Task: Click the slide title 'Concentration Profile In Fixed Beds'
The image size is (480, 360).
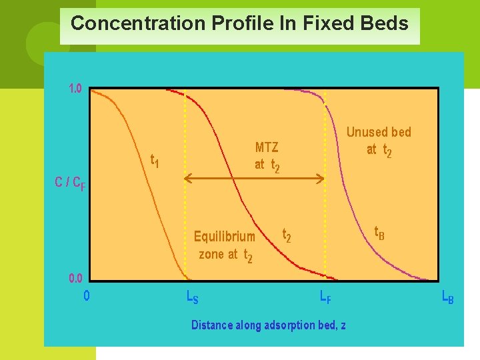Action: point(239,24)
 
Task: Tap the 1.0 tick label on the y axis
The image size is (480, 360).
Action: point(75,88)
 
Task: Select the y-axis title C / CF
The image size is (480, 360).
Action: point(69,182)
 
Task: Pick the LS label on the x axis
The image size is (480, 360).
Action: point(192,297)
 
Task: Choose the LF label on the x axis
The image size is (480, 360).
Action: point(325,297)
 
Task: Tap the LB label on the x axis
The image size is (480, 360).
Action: point(448,297)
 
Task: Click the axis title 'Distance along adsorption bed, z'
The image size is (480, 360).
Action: point(268,325)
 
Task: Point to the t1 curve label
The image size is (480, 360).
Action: point(154,161)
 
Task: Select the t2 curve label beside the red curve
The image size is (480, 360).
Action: point(287,235)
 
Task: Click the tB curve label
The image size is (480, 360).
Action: point(379,233)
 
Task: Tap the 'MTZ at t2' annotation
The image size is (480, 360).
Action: point(267,156)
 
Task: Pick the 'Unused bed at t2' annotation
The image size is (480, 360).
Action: point(379,141)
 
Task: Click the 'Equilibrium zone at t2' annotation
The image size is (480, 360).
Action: point(225,245)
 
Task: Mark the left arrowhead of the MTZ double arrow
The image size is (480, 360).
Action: point(187,178)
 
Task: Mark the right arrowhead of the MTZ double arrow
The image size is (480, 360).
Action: point(321,178)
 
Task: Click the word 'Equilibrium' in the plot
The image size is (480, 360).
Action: point(225,236)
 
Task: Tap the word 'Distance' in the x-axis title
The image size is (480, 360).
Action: point(212,325)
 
